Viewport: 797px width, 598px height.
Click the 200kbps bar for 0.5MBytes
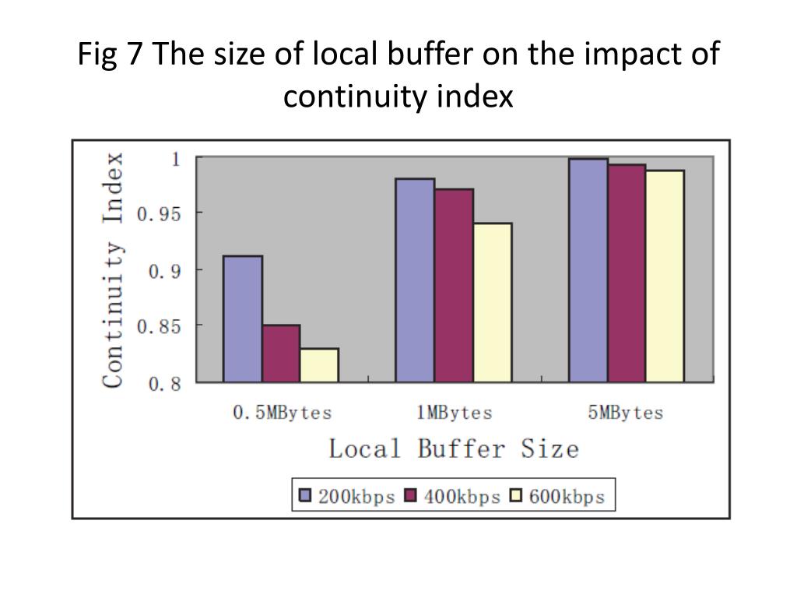(242, 318)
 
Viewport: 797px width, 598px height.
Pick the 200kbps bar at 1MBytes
(415, 280)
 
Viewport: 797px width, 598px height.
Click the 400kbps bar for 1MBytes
(453, 285)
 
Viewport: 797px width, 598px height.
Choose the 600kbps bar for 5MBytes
(665, 276)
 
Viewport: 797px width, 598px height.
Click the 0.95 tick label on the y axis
(159, 213)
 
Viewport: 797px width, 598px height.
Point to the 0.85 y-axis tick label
(159, 326)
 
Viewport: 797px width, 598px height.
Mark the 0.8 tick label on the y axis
(164, 383)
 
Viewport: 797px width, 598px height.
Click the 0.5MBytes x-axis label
(282, 413)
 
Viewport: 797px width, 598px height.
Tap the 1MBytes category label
(454, 413)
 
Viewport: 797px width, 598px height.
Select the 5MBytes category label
(625, 413)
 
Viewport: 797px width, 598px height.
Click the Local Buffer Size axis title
(453, 449)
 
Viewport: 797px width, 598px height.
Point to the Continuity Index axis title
(114, 269)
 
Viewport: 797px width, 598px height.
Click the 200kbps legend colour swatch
(305, 496)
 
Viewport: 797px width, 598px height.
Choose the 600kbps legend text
(567, 497)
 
